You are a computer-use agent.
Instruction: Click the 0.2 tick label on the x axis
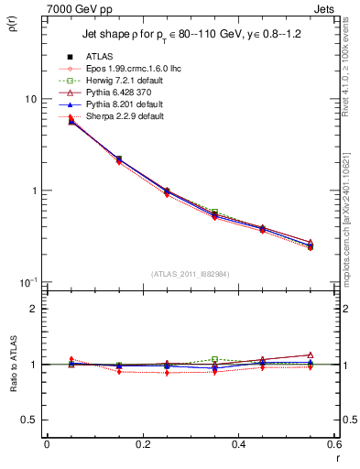tap(142, 444)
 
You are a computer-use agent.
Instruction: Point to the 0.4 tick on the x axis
tap(238, 444)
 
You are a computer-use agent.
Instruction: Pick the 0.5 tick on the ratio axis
tap(29, 420)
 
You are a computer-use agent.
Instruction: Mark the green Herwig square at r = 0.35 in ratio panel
tap(214, 359)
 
